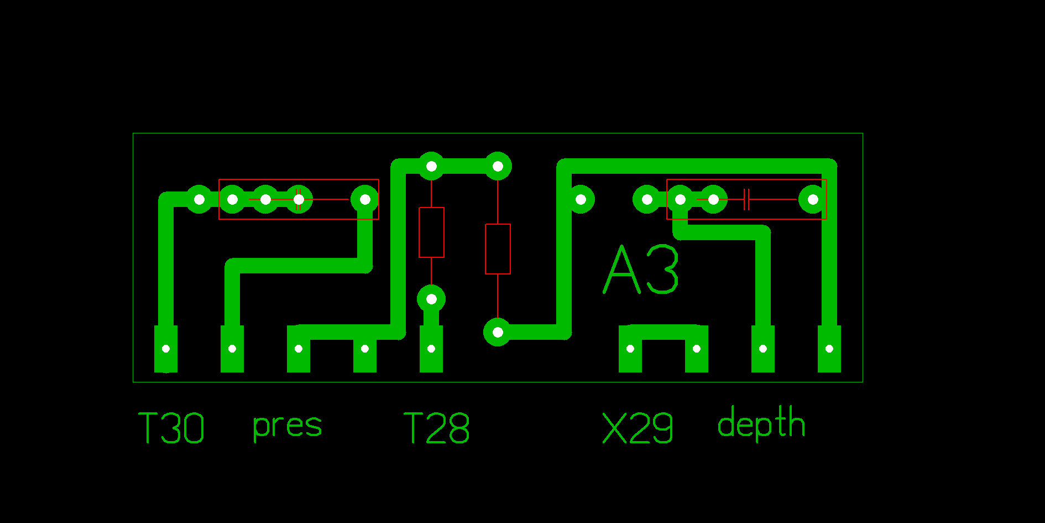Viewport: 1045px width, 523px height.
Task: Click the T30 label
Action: point(171,428)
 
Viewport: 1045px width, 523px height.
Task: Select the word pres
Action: point(287,426)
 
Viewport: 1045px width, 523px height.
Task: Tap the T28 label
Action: point(436,428)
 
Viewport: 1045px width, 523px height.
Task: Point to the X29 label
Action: point(638,428)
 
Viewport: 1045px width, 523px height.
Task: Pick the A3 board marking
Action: point(641,270)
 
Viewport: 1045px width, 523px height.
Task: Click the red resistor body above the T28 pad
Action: point(431,232)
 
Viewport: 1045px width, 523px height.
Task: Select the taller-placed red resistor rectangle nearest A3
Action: point(498,249)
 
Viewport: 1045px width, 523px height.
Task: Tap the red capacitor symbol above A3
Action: point(746,199)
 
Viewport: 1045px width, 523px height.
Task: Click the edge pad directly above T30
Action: point(166,349)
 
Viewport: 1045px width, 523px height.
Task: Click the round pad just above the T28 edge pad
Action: point(431,299)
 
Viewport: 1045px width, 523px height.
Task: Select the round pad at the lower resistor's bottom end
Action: point(498,332)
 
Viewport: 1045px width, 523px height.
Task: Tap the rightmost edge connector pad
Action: point(829,349)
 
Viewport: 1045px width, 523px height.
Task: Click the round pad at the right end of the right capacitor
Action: point(813,199)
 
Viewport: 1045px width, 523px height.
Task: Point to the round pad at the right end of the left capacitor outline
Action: point(365,199)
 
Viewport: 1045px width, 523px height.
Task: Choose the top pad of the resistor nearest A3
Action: point(498,166)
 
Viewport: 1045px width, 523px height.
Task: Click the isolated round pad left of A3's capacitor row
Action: point(581,199)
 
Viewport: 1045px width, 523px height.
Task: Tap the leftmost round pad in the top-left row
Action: point(199,199)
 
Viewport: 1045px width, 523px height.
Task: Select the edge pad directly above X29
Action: point(630,349)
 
